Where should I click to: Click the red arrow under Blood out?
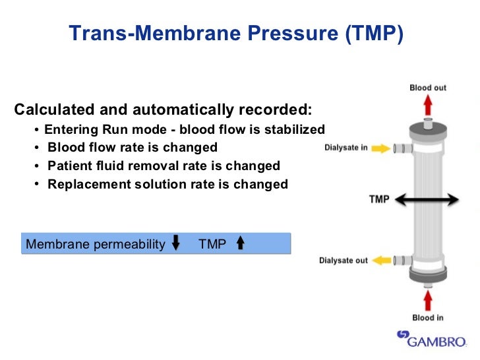coord(428,105)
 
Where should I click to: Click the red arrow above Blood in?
coord(428,301)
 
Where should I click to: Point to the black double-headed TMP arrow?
coord(428,198)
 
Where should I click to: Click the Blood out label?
coord(428,88)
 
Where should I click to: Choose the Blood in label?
coord(428,318)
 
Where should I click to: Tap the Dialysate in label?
coord(346,148)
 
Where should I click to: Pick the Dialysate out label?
coord(344,260)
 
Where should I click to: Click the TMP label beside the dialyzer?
coord(380,198)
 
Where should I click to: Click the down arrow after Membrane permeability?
coord(175,244)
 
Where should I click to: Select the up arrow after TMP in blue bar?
coord(240,244)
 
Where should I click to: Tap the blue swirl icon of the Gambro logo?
coord(403,336)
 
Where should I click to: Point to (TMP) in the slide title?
coord(372,33)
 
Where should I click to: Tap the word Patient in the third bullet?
coord(70,166)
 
